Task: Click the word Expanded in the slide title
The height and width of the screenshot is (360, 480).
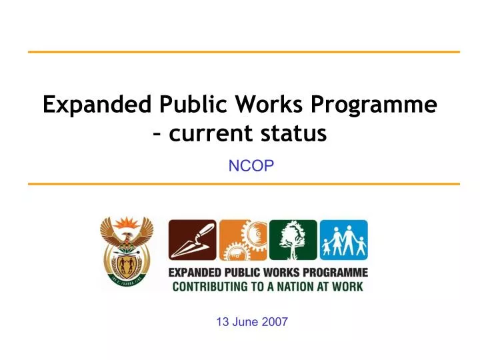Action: coord(98,105)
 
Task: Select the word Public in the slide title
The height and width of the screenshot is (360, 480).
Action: coord(191,105)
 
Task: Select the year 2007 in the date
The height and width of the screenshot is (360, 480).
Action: coord(275,322)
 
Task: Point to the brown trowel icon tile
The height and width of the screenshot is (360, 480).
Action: coord(192,240)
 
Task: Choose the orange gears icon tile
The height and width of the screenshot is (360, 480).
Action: coord(243,240)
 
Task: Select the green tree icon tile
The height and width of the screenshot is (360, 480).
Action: coord(293,240)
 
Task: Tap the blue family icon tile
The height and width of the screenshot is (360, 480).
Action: coord(343,240)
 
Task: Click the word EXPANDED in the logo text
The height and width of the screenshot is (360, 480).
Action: coord(194,273)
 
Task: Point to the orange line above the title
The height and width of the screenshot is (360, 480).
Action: coord(243,51)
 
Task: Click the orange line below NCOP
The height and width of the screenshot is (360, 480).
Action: coord(243,183)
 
